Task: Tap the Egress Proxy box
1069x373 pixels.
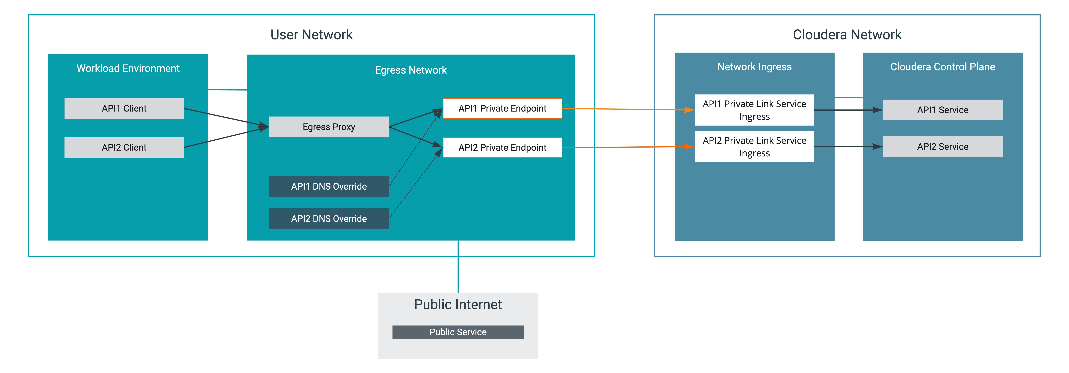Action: tap(329, 127)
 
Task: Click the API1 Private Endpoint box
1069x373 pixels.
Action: tap(502, 108)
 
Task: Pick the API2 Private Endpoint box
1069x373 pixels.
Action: tap(502, 147)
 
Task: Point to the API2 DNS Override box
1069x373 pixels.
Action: tap(329, 218)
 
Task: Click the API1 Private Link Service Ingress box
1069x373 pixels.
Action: tap(754, 110)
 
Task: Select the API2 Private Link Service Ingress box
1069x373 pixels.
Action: tap(754, 147)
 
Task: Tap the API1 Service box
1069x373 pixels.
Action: tap(942, 110)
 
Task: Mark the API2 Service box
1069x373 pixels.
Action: tap(942, 147)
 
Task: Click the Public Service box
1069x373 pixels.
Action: tap(458, 332)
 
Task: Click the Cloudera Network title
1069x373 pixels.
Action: tap(847, 34)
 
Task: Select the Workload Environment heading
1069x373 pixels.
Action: tap(128, 68)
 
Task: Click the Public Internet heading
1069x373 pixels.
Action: tap(458, 304)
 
